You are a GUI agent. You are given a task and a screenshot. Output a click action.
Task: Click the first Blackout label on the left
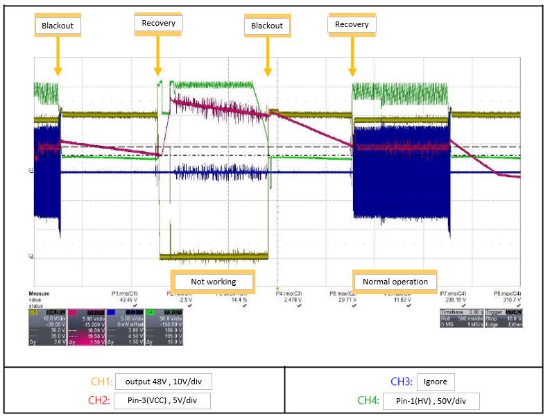pos(57,26)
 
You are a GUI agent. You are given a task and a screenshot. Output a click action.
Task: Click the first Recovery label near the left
pos(158,24)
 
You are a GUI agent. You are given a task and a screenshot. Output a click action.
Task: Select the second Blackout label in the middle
pos(267,26)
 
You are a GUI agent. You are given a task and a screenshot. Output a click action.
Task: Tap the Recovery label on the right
pos(352,24)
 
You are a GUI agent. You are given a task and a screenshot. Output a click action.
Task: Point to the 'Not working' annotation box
pos(213,282)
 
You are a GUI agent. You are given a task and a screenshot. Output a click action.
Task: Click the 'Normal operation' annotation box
pos(395,282)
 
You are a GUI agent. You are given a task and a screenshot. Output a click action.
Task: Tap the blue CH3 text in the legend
pos(401,382)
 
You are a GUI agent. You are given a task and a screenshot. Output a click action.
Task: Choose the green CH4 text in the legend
pos(372,400)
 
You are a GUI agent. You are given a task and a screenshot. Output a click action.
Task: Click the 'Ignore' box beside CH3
pos(436,382)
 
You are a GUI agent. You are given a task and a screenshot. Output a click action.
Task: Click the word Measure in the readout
pos(40,293)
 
